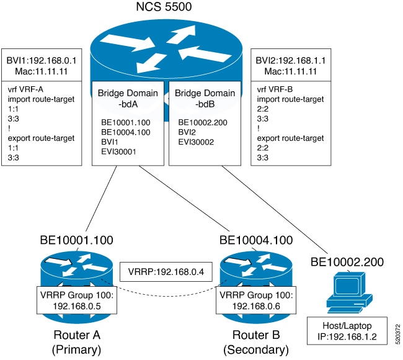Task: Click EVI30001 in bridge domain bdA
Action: click(118, 151)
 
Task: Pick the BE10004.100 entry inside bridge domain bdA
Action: click(125, 132)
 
